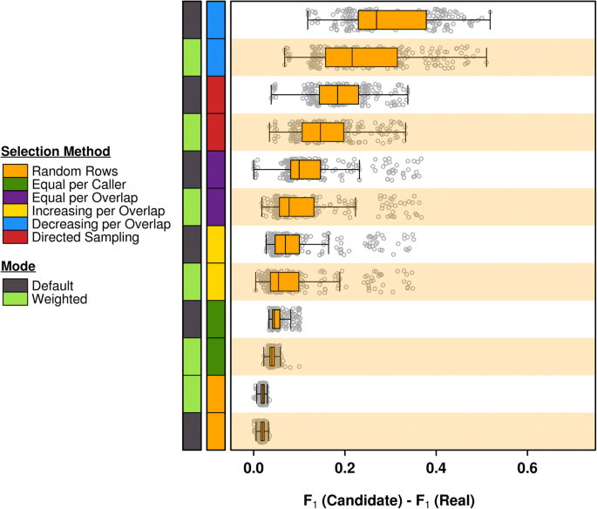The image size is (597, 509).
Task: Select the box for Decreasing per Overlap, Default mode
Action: [x=392, y=19]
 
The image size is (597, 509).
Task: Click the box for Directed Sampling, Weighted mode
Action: [x=322, y=132]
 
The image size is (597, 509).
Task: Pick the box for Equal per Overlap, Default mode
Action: [x=305, y=169]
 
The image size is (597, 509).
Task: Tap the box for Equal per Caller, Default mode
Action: [x=276, y=319]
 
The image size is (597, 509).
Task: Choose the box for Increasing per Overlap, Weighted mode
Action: [x=284, y=282]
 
